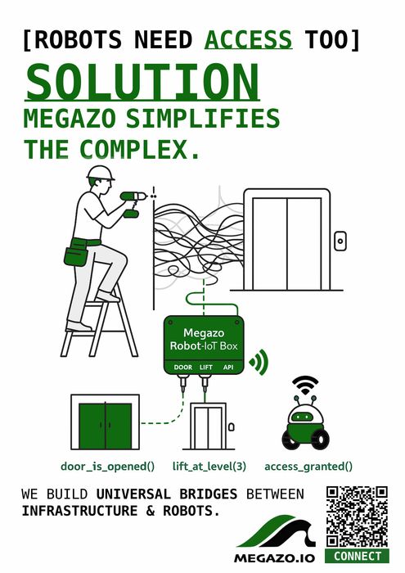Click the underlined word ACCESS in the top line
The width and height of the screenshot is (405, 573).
click(x=248, y=38)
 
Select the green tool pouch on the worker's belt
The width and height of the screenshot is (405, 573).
click(x=78, y=252)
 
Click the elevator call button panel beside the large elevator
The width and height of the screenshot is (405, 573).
click(x=340, y=240)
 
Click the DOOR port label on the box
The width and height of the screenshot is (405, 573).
click(x=183, y=368)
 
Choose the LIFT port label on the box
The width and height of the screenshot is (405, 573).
click(x=205, y=368)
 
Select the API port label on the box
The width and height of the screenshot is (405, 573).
click(x=228, y=368)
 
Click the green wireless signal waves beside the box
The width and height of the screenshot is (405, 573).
click(x=259, y=361)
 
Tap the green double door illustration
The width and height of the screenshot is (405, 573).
click(x=105, y=423)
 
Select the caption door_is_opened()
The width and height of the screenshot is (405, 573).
click(x=108, y=467)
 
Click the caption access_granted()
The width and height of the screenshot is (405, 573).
click(x=308, y=467)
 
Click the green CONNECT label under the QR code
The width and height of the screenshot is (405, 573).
click(x=358, y=557)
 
